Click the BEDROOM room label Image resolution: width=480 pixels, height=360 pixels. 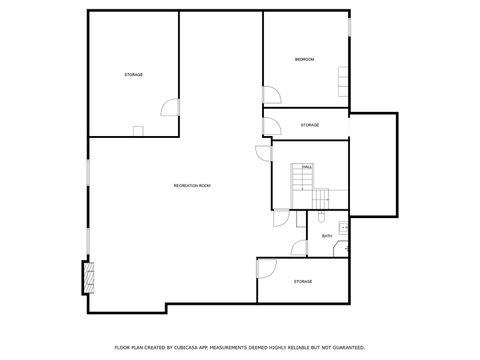point(304,60)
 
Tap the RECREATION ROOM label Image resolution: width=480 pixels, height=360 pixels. point(192,186)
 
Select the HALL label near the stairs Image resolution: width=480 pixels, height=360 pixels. point(307,166)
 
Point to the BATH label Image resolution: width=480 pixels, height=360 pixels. point(327,236)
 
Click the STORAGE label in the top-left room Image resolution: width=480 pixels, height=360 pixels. point(133,76)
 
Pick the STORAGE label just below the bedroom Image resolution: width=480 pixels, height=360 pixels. point(310,125)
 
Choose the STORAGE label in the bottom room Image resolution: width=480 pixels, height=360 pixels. point(303,282)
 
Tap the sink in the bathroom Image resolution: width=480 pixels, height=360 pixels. point(344,227)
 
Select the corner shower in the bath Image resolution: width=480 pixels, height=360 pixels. point(341,247)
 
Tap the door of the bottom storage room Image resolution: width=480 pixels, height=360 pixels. point(266,267)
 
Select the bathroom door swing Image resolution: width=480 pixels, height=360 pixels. point(299,247)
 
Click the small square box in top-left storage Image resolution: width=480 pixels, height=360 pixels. point(139,129)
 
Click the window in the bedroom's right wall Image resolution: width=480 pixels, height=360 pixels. point(350,25)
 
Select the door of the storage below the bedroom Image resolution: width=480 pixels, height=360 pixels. point(270,126)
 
